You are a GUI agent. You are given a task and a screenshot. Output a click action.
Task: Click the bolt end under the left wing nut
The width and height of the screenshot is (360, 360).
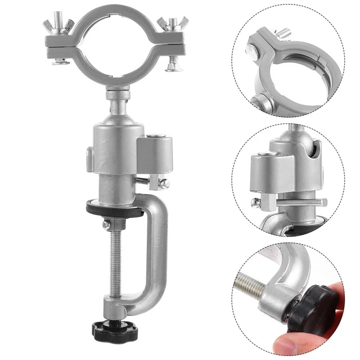(61, 61)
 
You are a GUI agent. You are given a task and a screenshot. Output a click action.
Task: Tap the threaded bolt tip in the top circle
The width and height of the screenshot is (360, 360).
(285, 33)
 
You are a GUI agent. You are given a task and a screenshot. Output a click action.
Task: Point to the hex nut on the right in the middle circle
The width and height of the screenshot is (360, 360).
(324, 202)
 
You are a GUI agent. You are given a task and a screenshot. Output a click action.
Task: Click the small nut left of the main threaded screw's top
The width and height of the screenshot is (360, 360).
(106, 224)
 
